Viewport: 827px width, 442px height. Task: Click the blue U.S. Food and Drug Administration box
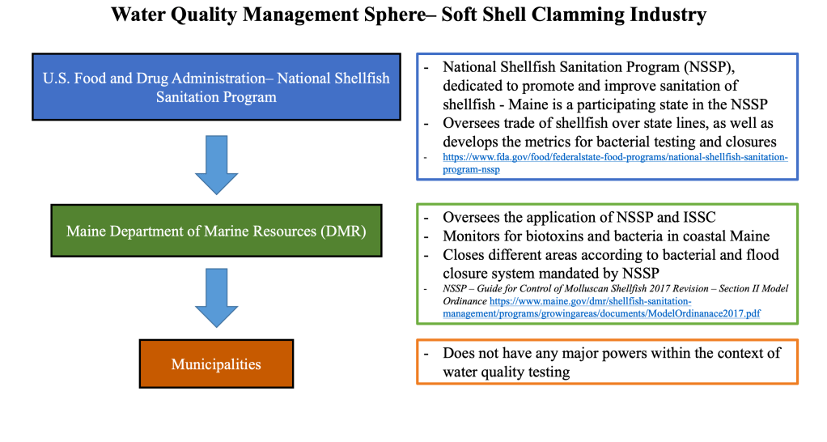point(216,87)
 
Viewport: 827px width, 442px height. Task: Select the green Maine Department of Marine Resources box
point(216,232)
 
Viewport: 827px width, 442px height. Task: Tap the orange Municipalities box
point(216,363)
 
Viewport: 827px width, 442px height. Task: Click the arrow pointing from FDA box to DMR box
point(217,164)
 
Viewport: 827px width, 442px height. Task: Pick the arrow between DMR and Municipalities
point(217,297)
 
